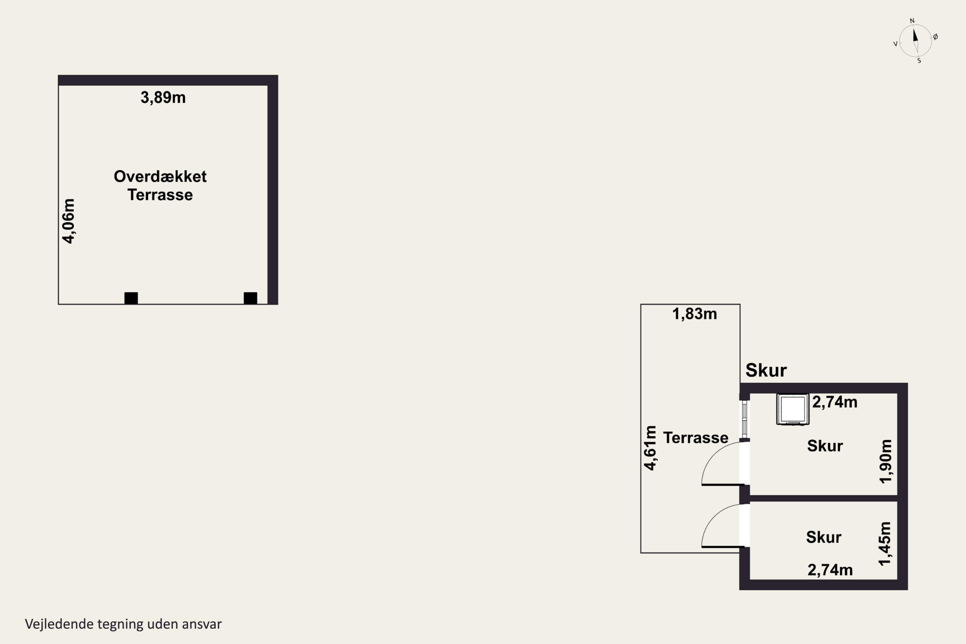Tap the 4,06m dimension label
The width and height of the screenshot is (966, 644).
(69, 221)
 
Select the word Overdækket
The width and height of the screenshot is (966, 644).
(160, 176)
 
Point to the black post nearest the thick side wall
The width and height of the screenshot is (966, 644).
(251, 298)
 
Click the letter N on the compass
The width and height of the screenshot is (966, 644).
(912, 21)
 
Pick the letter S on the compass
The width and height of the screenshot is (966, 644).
(919, 61)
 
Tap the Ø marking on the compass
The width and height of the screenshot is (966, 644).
(936, 37)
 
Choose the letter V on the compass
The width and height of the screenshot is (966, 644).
(895, 44)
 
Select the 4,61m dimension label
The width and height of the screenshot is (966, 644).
(650, 448)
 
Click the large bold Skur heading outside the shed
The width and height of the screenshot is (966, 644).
(766, 371)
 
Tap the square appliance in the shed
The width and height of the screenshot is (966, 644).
(793, 409)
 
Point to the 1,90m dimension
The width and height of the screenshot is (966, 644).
(885, 461)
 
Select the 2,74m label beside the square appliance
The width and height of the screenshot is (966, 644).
(835, 402)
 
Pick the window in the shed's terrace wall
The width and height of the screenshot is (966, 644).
(744, 419)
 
